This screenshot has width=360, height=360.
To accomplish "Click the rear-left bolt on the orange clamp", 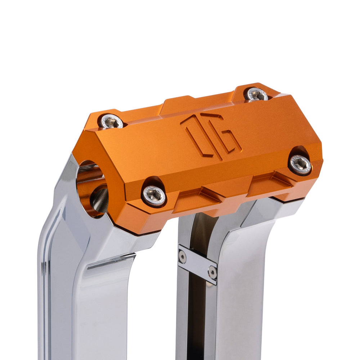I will (x=112, y=122).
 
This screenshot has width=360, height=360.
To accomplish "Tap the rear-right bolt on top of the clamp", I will (x=256, y=94).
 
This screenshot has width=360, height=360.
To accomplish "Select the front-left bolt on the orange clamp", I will (x=154, y=195).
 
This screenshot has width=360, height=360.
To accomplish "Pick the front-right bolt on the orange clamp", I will (x=301, y=164).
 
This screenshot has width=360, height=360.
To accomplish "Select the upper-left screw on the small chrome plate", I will (x=183, y=256).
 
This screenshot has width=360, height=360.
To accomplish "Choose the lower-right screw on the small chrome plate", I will (x=212, y=273).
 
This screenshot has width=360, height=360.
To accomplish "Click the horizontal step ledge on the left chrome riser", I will (x=112, y=261).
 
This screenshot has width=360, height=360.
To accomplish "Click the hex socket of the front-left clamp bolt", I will (x=154, y=195).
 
